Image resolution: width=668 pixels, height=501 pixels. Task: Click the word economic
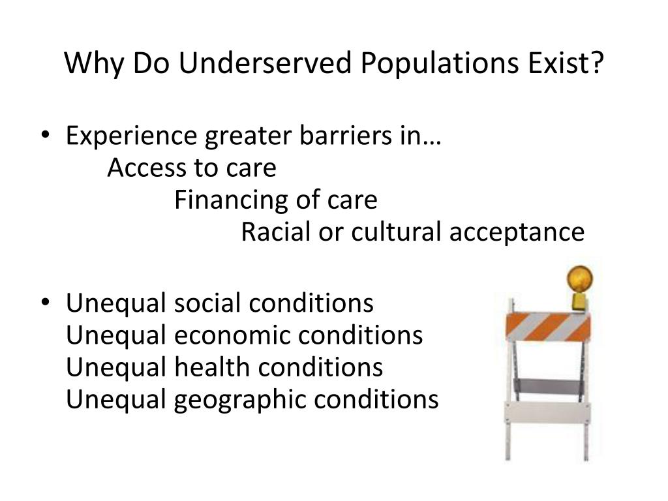pos(233,335)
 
